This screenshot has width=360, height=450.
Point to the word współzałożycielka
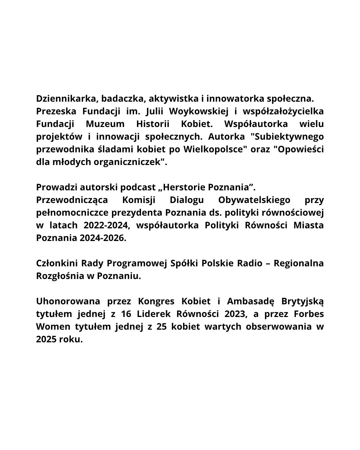point(283,111)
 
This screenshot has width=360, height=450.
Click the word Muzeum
point(105,124)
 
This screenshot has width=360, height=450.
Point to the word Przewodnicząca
point(72,200)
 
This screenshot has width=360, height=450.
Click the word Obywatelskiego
point(254,200)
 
